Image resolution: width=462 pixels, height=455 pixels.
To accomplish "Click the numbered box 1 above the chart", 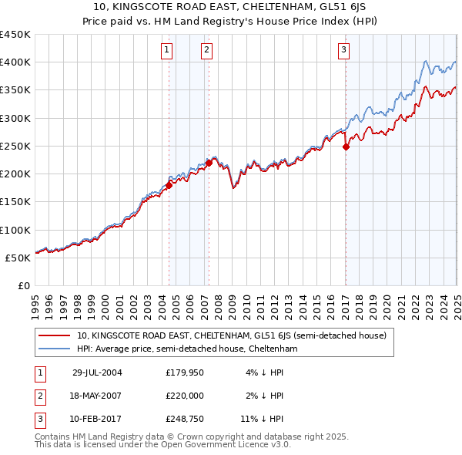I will pos(167,51).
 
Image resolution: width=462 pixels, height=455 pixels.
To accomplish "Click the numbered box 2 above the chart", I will pos(207,51).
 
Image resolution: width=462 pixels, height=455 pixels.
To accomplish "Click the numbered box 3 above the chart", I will pos(343,51).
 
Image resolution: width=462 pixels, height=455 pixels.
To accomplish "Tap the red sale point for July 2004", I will pos(169,184).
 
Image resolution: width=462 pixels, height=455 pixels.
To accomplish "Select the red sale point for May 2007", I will pos(209,162).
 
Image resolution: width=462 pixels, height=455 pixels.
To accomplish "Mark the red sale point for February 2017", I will pos(346,146).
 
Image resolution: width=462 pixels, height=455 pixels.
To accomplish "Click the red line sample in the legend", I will pos(55,335).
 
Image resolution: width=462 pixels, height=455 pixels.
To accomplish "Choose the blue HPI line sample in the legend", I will pos(55,349).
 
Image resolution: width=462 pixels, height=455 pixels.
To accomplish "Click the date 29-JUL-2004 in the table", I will pos(97,372).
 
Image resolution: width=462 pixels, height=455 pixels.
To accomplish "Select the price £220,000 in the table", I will pos(185,396).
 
